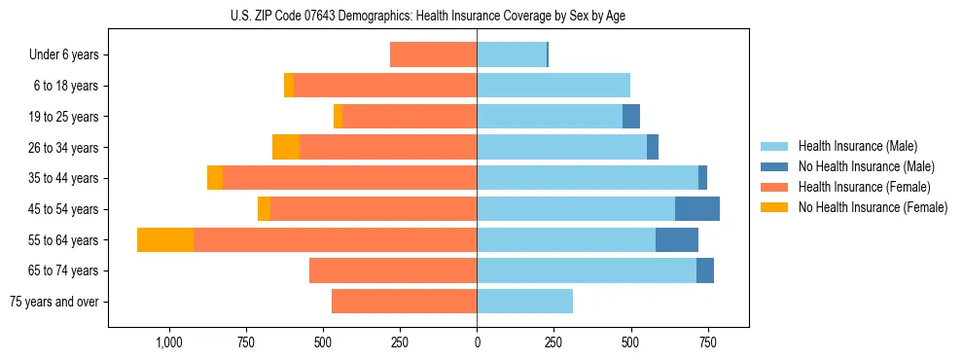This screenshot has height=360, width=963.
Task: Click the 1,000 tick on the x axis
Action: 168,342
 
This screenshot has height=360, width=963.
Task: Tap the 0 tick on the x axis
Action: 477,342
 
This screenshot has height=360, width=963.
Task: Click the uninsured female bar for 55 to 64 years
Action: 165,239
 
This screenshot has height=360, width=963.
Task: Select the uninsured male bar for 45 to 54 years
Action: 697,208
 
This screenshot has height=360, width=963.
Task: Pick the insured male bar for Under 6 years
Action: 512,54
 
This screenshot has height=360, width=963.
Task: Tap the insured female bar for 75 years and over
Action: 404,302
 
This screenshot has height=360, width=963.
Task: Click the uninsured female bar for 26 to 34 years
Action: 286,147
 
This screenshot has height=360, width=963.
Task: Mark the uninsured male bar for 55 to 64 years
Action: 677,239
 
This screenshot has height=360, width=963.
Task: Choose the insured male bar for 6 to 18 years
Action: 553,86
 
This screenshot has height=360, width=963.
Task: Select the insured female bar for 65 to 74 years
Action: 393,270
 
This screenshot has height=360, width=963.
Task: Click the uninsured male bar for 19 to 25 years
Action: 631,116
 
